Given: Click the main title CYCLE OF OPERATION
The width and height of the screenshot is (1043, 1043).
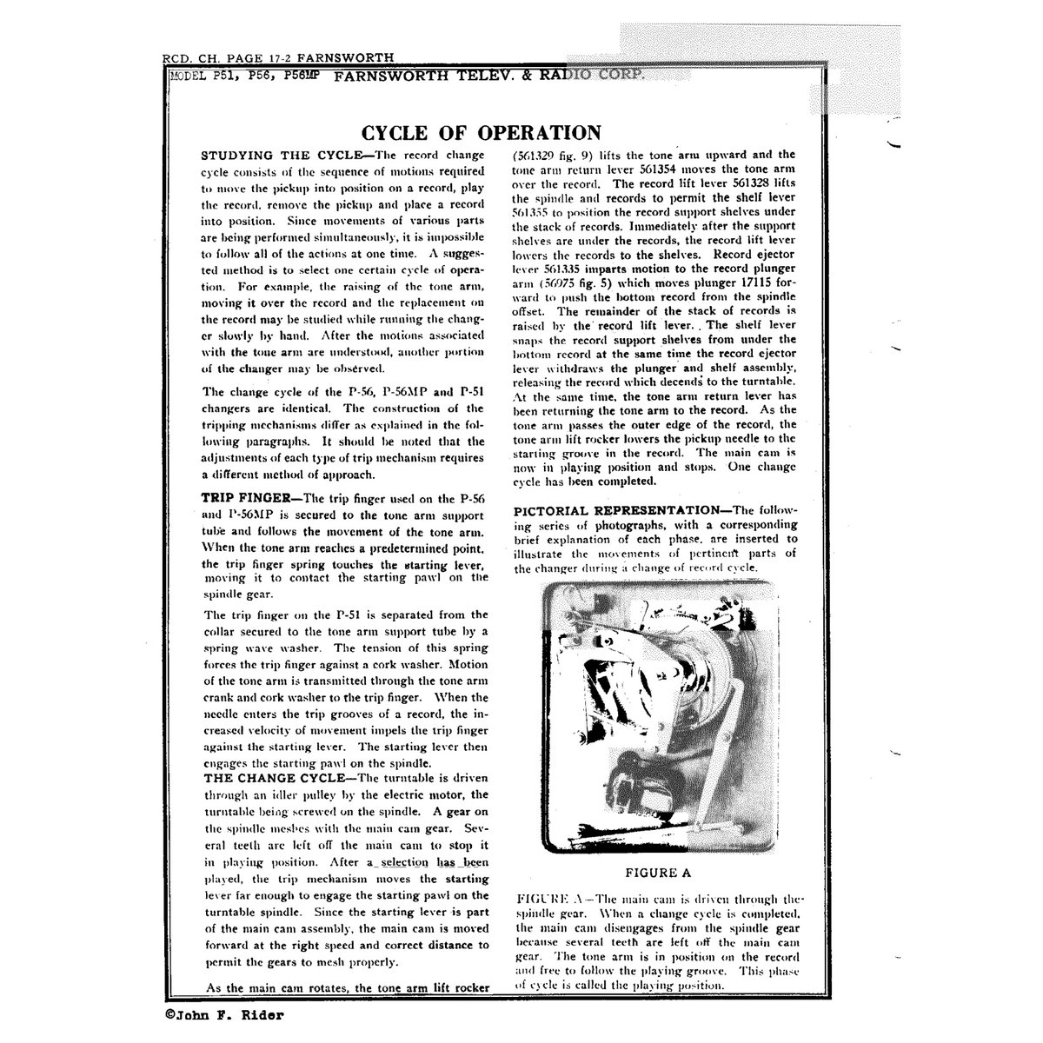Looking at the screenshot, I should (x=481, y=133).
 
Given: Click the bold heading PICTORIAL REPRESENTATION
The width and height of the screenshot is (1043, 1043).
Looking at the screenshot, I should (x=615, y=509).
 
